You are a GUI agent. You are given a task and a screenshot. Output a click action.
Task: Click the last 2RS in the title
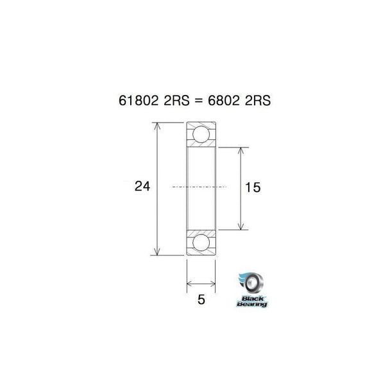[256, 101]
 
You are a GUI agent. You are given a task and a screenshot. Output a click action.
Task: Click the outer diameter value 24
[142, 187]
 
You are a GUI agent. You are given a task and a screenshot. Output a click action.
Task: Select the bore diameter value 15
[253, 187]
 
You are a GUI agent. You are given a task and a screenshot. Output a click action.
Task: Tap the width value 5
[201, 300]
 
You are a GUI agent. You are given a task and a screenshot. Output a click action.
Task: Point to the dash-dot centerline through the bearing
[201, 187]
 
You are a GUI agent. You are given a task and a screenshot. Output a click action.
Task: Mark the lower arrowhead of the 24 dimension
[158, 253]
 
